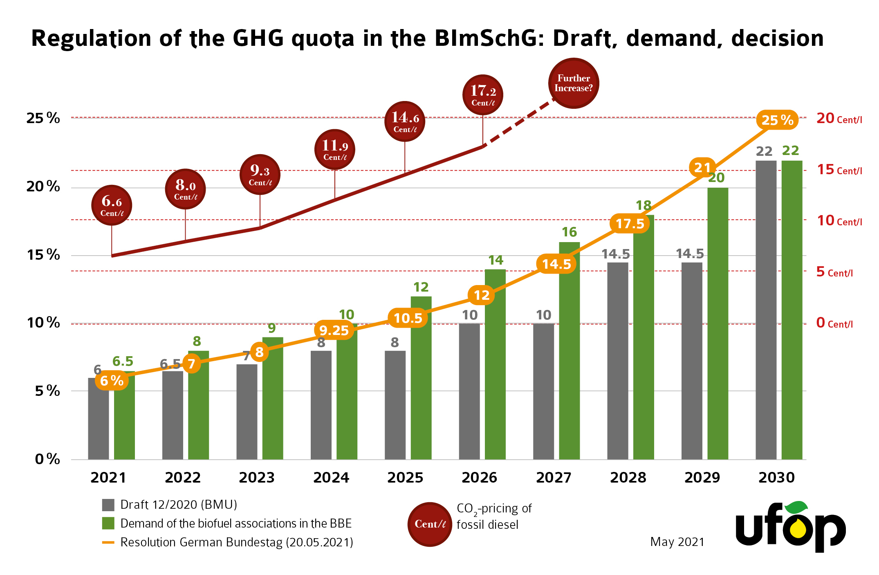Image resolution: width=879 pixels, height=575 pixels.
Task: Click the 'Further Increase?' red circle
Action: pos(573,83)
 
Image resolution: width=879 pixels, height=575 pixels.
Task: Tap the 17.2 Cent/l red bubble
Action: pos(483,95)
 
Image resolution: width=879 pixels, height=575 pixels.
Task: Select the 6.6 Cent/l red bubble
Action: pos(112,205)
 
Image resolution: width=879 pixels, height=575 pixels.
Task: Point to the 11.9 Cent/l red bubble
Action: pos(335,150)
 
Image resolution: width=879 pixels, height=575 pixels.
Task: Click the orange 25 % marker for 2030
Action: pos(777,120)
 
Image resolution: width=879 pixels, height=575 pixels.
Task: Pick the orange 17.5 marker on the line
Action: pos(630,224)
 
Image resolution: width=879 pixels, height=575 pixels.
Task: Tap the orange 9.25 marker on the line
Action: pos(334,330)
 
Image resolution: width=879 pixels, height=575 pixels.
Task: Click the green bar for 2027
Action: pos(569,352)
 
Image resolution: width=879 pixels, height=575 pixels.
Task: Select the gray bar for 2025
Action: pos(395,405)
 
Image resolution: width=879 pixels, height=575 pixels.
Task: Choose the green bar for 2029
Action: pos(718,323)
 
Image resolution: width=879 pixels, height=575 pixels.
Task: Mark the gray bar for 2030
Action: pos(766,311)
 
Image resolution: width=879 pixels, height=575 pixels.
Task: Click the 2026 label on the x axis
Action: pos(479,478)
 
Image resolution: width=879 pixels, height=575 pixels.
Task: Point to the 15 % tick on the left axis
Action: pos(43,255)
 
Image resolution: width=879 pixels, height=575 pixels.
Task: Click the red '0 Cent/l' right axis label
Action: pos(834,323)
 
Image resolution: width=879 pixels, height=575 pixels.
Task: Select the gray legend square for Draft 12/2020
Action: pos(108,505)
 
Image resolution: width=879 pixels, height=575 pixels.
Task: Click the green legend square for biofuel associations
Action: pos(108,523)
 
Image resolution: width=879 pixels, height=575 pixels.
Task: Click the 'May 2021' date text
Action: pos(677,542)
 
